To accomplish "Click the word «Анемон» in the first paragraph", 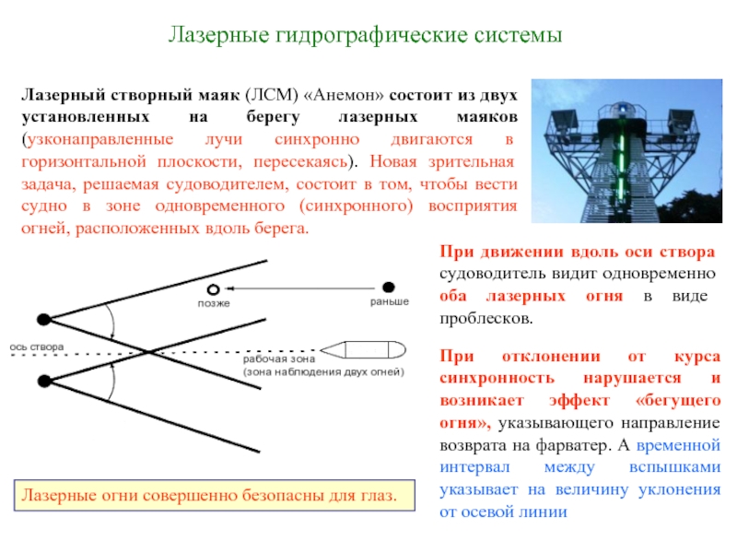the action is point(344,95).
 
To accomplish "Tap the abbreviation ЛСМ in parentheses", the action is point(272,95).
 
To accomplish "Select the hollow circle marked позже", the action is point(214,289).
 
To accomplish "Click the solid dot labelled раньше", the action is point(388,287).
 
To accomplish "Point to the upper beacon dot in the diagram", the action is point(43,320).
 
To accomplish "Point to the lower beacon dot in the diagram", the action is point(44,381).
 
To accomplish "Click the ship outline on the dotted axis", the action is point(363,350).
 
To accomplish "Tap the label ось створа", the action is point(37,347).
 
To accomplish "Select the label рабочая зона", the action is point(279,359).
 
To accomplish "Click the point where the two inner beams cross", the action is point(148,351).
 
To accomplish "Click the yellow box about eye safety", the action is point(215,495).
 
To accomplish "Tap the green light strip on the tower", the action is point(621,160).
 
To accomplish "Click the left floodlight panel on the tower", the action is point(563,119).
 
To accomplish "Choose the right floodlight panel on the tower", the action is point(682,119).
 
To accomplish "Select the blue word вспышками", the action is point(674,467).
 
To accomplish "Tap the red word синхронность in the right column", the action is point(497,378).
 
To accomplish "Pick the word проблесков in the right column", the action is point(486,319).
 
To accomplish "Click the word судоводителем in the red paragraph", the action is point(227,184).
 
